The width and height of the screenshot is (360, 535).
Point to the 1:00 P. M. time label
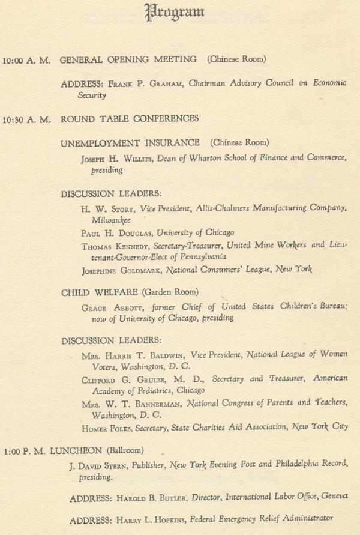[25, 450]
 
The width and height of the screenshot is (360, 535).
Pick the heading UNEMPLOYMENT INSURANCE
[130, 143]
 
